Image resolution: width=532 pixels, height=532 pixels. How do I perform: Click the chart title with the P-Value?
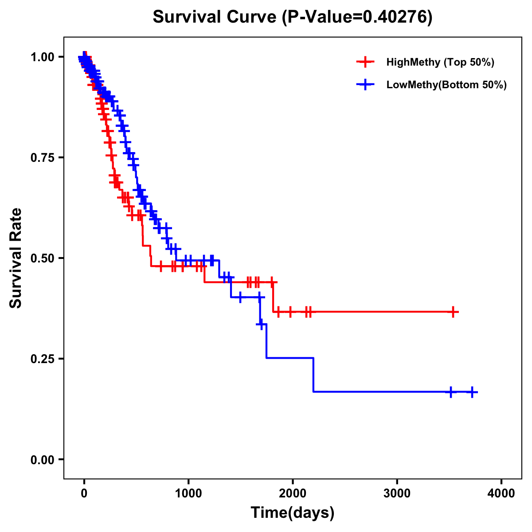[292, 17]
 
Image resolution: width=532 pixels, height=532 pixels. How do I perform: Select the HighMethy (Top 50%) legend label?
[440, 62]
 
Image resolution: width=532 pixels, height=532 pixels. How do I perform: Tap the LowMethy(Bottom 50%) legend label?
[446, 85]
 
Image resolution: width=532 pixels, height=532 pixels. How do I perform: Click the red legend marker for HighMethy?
[365, 62]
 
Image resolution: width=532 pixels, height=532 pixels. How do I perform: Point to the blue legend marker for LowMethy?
[365, 85]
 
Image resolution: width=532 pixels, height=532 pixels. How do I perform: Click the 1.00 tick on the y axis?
[42, 57]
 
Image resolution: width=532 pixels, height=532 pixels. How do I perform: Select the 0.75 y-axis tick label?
[42, 158]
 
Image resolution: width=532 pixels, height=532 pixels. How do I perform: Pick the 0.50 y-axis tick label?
[42, 258]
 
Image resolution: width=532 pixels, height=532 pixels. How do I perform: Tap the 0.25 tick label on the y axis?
[42, 359]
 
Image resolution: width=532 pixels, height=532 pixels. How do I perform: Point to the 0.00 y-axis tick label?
[42, 460]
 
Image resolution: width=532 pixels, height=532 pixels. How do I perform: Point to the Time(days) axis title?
[293, 513]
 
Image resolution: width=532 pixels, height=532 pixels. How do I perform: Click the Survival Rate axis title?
[16, 258]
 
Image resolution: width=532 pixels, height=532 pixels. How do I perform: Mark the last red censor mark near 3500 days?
[453, 312]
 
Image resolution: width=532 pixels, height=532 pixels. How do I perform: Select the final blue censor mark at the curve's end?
[472, 392]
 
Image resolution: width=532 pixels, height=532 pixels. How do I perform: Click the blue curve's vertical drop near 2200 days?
[313, 375]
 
